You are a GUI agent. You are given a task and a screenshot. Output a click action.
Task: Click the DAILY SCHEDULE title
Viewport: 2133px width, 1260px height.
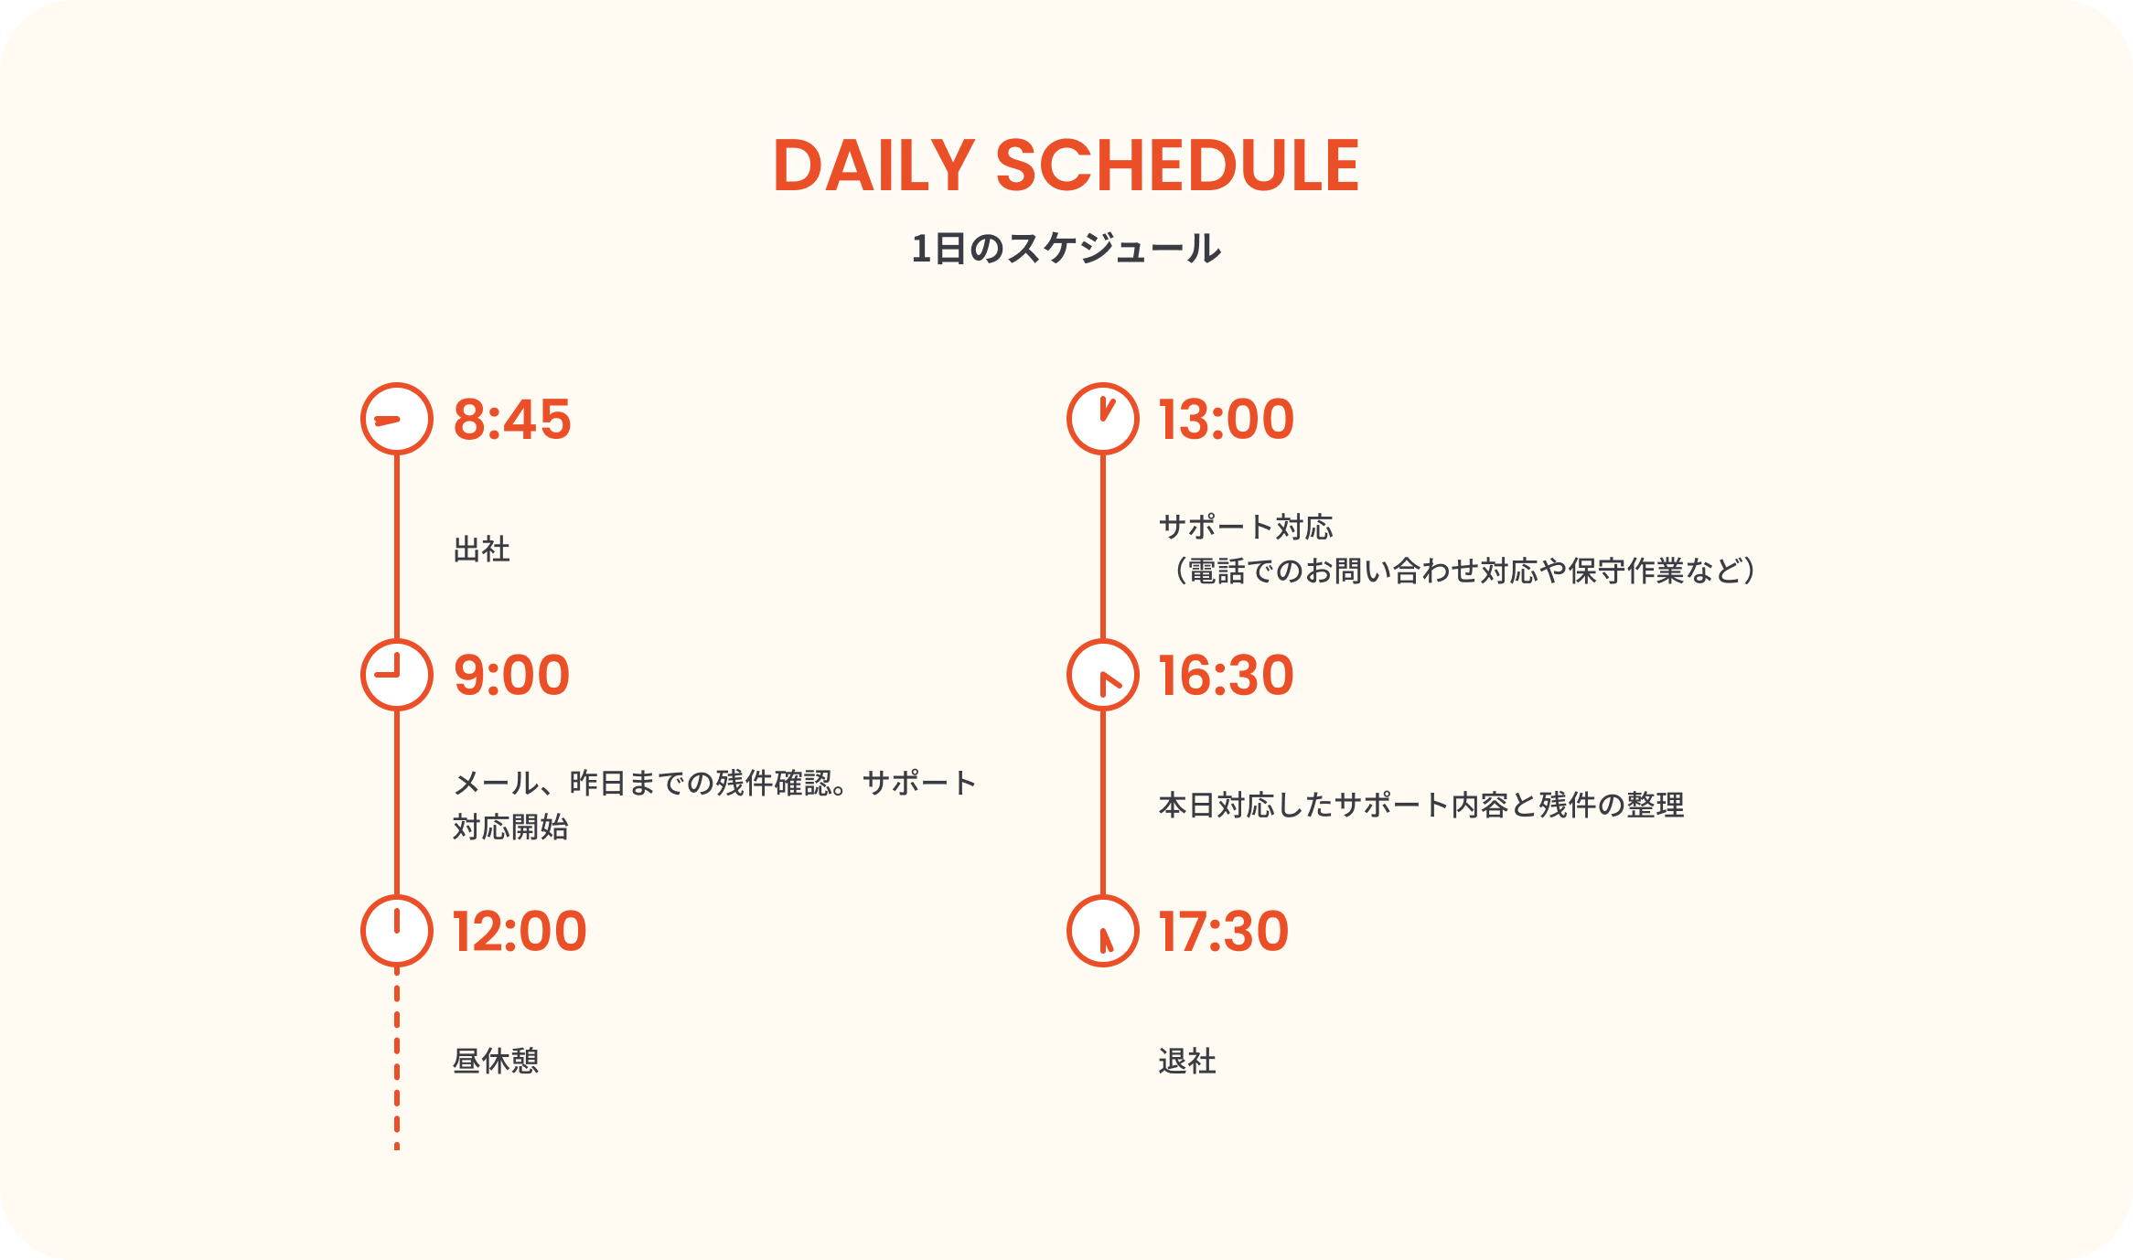tap(1066, 166)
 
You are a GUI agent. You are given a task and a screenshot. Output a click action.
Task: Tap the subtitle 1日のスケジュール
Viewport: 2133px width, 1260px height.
tap(1066, 249)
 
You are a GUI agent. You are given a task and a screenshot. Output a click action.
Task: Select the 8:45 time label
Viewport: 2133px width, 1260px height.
tap(512, 420)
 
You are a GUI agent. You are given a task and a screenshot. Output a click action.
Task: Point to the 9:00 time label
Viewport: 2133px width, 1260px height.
tap(512, 676)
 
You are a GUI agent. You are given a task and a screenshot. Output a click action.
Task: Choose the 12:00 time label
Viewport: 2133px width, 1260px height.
tap(520, 932)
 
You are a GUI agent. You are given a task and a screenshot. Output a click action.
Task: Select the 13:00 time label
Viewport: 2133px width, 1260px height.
tap(1227, 420)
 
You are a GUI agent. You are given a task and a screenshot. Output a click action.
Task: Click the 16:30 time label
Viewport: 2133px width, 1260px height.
tap(1227, 676)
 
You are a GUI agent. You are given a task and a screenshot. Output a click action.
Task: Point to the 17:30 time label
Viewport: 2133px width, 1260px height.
tap(1224, 932)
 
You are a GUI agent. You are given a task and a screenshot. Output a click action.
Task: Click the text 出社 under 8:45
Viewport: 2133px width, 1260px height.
tap(482, 550)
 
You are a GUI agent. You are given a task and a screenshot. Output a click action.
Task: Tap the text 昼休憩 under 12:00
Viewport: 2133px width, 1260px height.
tap(496, 1062)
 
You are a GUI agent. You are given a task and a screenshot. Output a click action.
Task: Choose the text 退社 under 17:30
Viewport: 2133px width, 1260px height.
tap(1187, 1062)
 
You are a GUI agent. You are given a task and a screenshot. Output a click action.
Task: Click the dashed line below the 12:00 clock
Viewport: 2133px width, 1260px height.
tap(397, 1059)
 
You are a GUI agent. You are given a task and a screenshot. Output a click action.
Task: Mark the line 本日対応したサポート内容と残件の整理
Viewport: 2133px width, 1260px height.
tap(1421, 806)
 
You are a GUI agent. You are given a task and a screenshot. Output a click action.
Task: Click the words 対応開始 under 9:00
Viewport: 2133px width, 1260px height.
tap(511, 828)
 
